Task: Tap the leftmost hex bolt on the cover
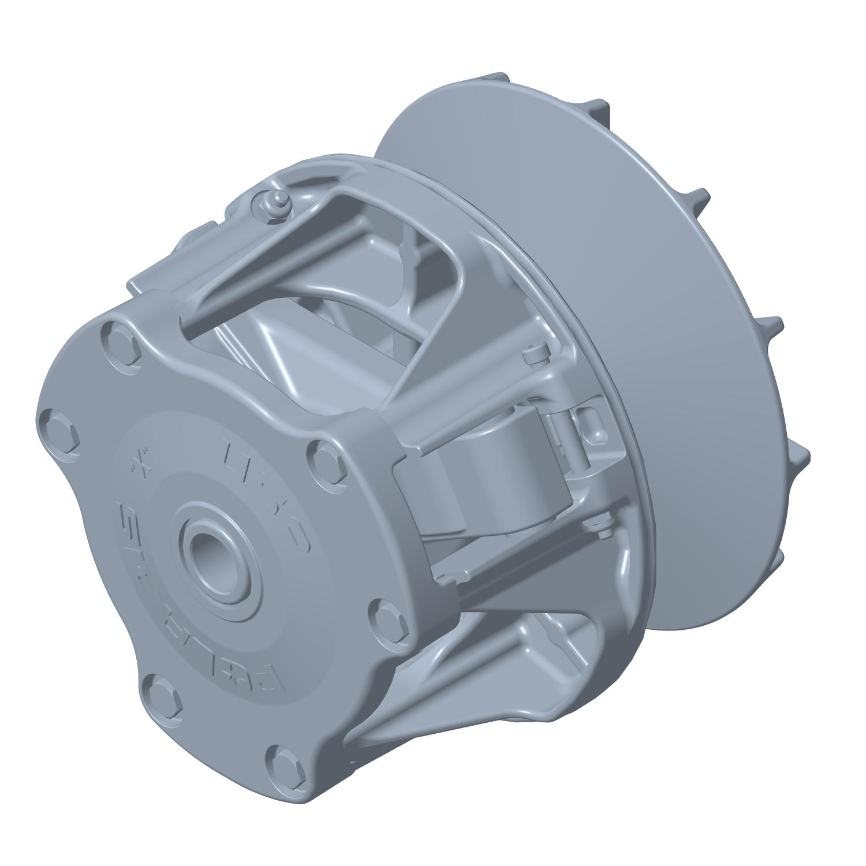[58, 430]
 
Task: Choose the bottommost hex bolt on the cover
[285, 763]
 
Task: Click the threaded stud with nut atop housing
[272, 204]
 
